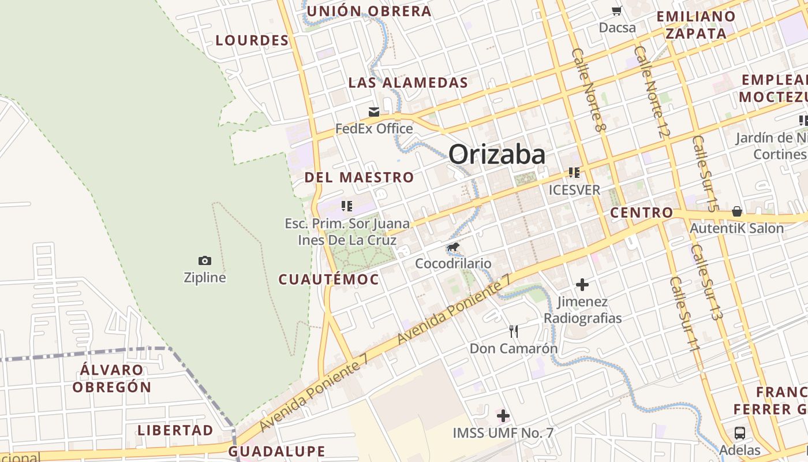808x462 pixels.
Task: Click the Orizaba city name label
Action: click(497, 155)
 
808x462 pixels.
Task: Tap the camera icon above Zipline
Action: click(204, 260)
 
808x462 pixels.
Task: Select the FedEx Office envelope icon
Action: click(374, 111)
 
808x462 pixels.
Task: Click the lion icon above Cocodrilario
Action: click(453, 248)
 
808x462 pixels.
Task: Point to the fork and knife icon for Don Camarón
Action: click(513, 331)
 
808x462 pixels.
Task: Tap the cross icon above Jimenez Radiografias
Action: click(582, 284)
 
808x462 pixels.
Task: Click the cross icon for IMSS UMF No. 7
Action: click(503, 416)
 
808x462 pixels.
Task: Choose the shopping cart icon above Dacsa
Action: click(616, 11)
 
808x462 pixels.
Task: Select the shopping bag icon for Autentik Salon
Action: click(737, 211)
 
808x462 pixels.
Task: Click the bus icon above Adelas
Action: click(739, 433)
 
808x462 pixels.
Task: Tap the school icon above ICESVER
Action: click(574, 172)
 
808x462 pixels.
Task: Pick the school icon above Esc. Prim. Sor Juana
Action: click(346, 206)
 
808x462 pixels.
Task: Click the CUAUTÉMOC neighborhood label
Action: click(329, 280)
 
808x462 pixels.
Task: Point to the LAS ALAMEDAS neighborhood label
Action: click(408, 83)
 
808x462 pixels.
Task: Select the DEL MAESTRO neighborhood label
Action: click(359, 177)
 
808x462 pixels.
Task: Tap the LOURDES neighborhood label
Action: click(252, 40)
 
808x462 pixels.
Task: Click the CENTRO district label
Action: click(642, 213)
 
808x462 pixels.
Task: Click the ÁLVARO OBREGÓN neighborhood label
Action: click(112, 378)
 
